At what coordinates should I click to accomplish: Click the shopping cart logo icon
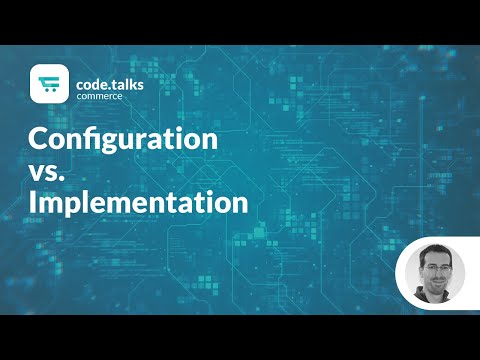coord(49,85)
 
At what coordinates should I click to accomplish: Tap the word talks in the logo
coord(127,85)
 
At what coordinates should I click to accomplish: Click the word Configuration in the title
coord(122,140)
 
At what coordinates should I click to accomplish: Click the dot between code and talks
coord(109,89)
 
